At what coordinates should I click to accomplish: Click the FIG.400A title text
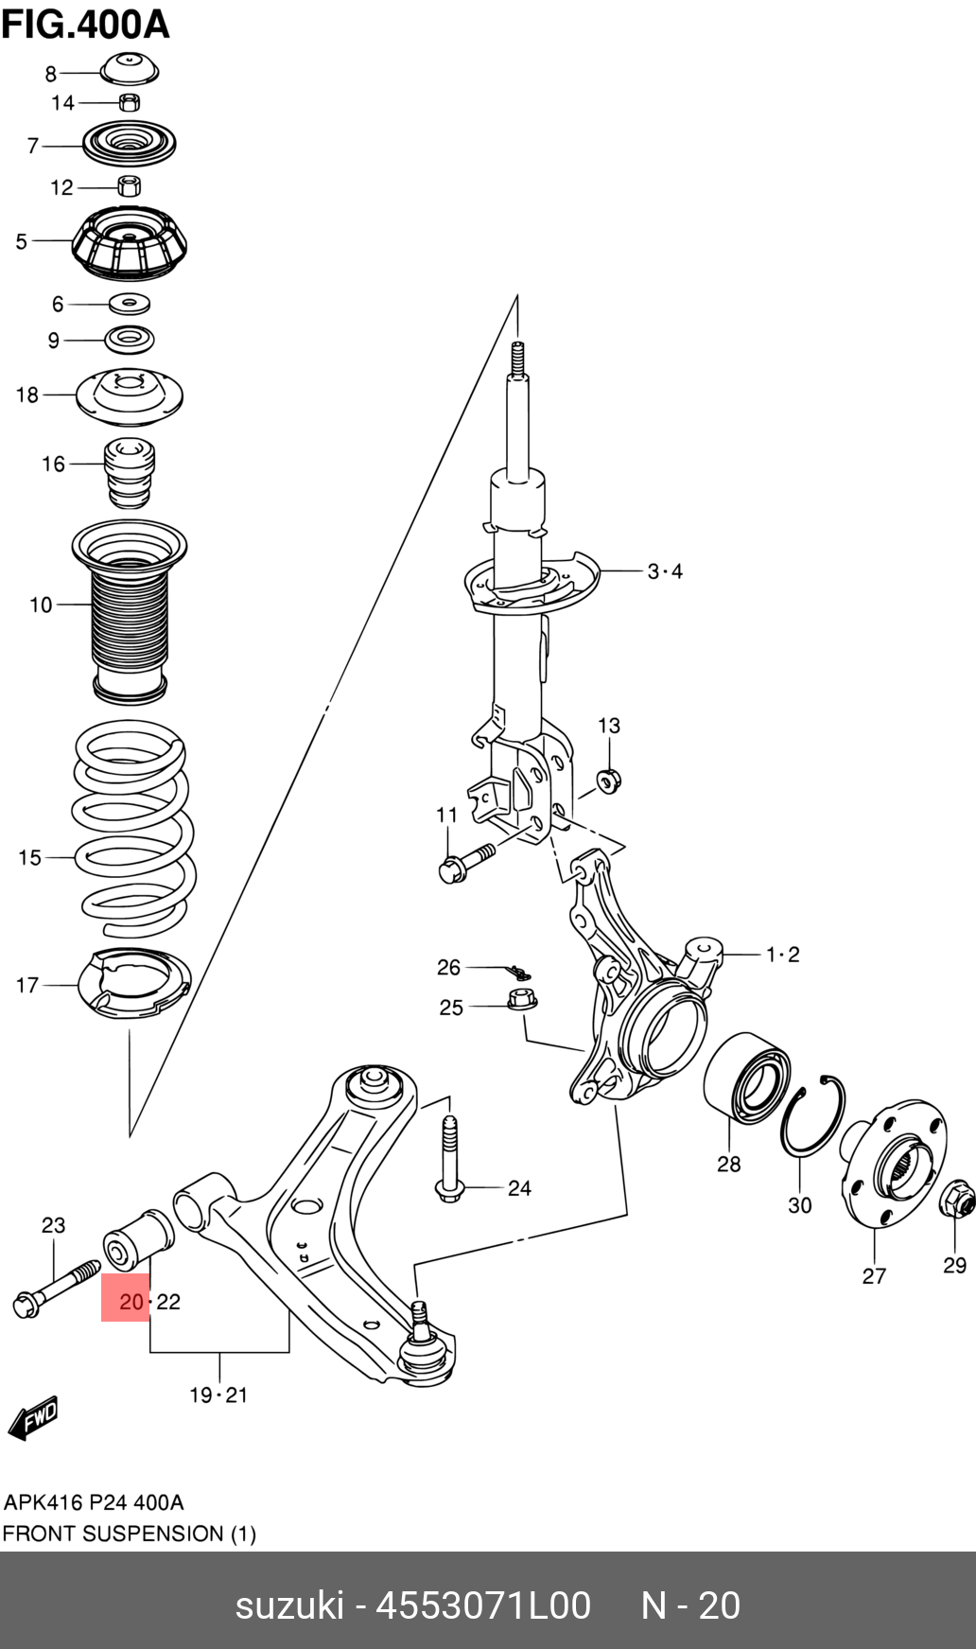tap(85, 24)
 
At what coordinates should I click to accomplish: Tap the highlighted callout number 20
tap(131, 1302)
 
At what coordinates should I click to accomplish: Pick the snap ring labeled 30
tap(812, 1116)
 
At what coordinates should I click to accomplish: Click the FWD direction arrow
tap(33, 1418)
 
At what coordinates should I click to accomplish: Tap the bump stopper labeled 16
tap(129, 473)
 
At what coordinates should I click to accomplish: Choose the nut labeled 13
tap(608, 781)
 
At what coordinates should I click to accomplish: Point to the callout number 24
tap(519, 1188)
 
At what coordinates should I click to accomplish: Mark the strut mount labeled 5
tap(130, 243)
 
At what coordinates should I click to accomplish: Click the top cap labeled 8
tap(130, 70)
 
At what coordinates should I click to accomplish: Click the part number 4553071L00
tap(483, 1605)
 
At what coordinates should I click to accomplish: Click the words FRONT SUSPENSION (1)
tap(129, 1534)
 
